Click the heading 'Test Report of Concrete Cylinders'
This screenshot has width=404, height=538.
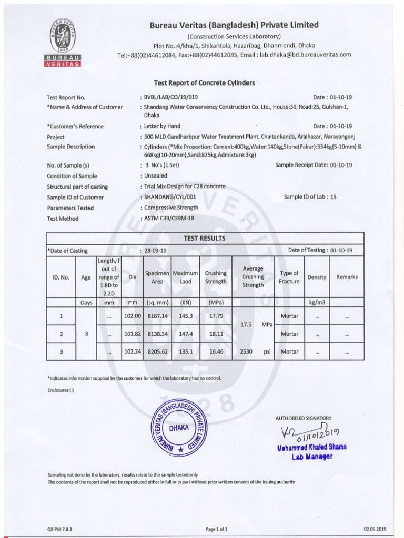coord(204,83)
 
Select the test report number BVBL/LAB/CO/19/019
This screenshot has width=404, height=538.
coord(170,97)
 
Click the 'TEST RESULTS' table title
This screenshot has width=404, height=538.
coord(204,238)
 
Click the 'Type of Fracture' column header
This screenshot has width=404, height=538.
coord(289,277)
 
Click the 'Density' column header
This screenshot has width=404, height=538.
coord(317,277)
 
